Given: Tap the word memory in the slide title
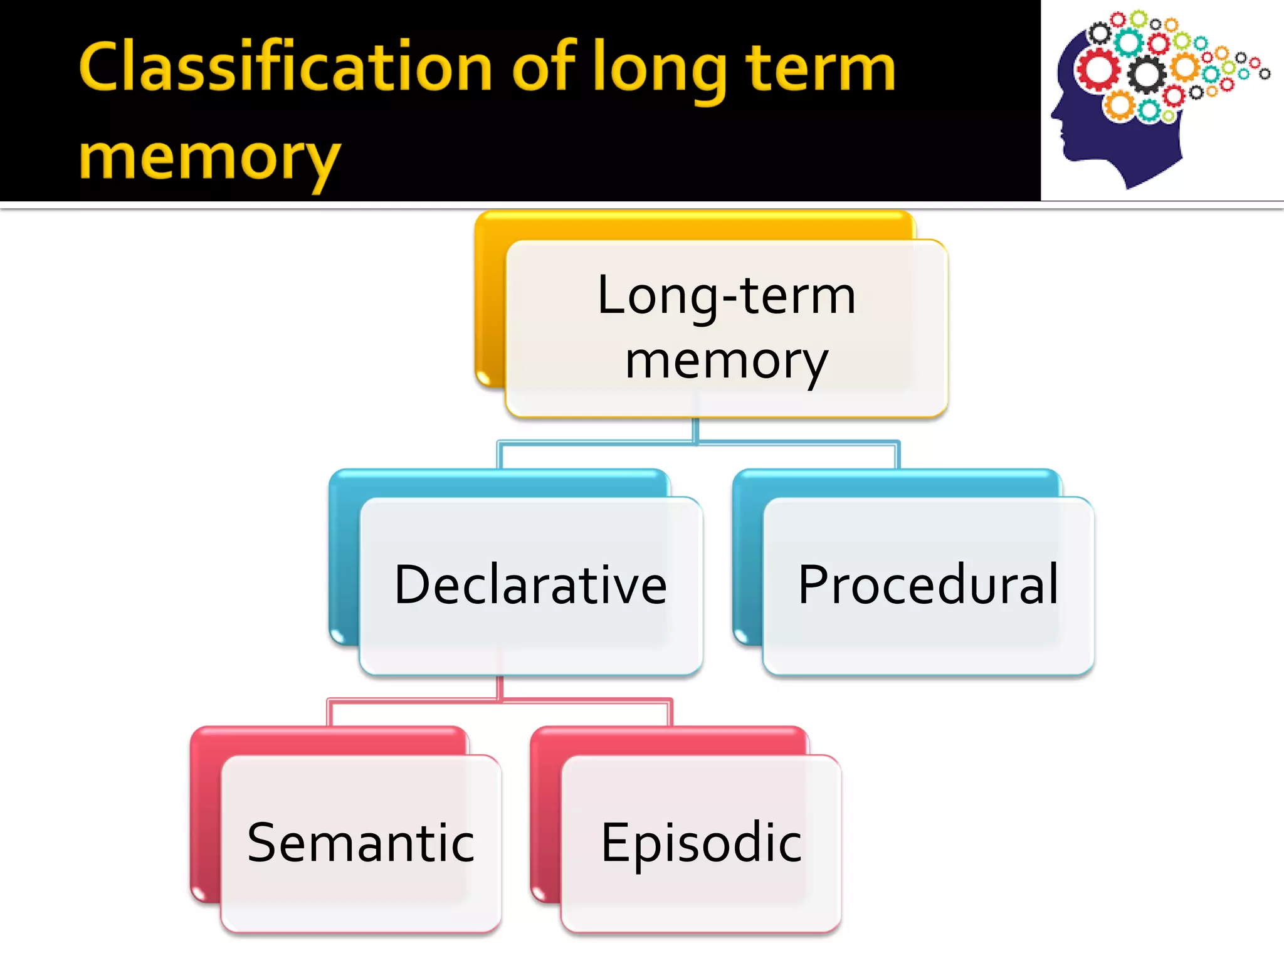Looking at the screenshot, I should click(210, 158).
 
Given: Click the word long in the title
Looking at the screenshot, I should click(658, 70).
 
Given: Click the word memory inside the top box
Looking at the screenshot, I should click(726, 362).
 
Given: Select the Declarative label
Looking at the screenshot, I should click(530, 584).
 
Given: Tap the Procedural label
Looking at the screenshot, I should click(928, 584).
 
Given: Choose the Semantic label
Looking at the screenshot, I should click(361, 843).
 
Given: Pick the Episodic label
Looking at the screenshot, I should click(701, 843).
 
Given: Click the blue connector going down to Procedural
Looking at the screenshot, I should click(898, 455).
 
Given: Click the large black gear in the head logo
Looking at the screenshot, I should click(1147, 75).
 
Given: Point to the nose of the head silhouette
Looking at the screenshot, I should click(1054, 115).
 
